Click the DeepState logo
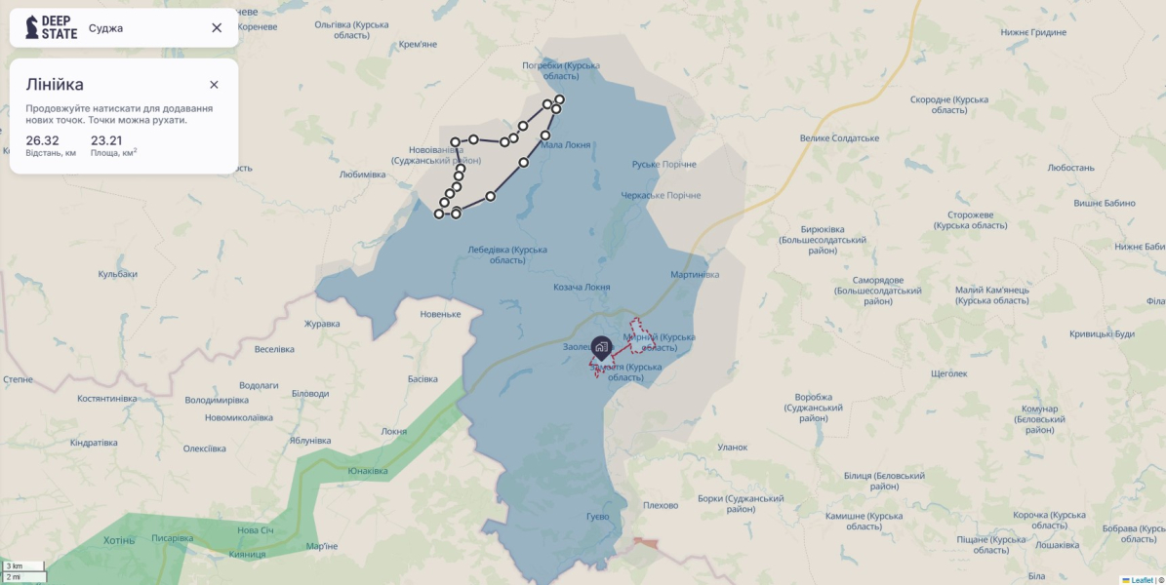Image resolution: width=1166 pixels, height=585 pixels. tap(52, 27)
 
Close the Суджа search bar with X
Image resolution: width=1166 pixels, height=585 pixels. tap(217, 27)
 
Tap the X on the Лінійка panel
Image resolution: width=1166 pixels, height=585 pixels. tap(214, 85)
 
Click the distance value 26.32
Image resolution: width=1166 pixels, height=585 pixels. tap(43, 140)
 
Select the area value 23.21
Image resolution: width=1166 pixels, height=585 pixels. tap(106, 140)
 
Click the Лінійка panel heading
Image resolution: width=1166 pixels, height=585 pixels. tap(55, 85)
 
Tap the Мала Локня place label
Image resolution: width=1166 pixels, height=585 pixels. tap(566, 144)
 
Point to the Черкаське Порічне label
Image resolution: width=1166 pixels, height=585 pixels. tap(662, 195)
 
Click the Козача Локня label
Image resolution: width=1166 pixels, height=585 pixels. tap(582, 287)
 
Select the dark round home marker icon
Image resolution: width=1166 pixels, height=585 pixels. tap(601, 346)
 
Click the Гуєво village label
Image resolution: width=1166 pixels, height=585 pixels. tap(598, 516)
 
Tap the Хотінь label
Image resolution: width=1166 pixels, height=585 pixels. tap(119, 540)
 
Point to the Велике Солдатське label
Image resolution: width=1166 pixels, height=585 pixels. tap(839, 137)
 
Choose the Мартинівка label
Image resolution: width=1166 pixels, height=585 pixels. tap(695, 274)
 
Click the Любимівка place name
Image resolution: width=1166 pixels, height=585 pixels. tap(362, 175)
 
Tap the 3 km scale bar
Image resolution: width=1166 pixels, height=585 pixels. tap(22, 565)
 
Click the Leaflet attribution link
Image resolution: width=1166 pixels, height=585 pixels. tap(1142, 580)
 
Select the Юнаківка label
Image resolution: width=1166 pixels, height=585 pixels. tap(368, 471)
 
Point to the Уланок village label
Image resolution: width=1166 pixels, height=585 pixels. tap(732, 448)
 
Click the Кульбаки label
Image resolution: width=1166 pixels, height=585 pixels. tap(117, 274)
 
